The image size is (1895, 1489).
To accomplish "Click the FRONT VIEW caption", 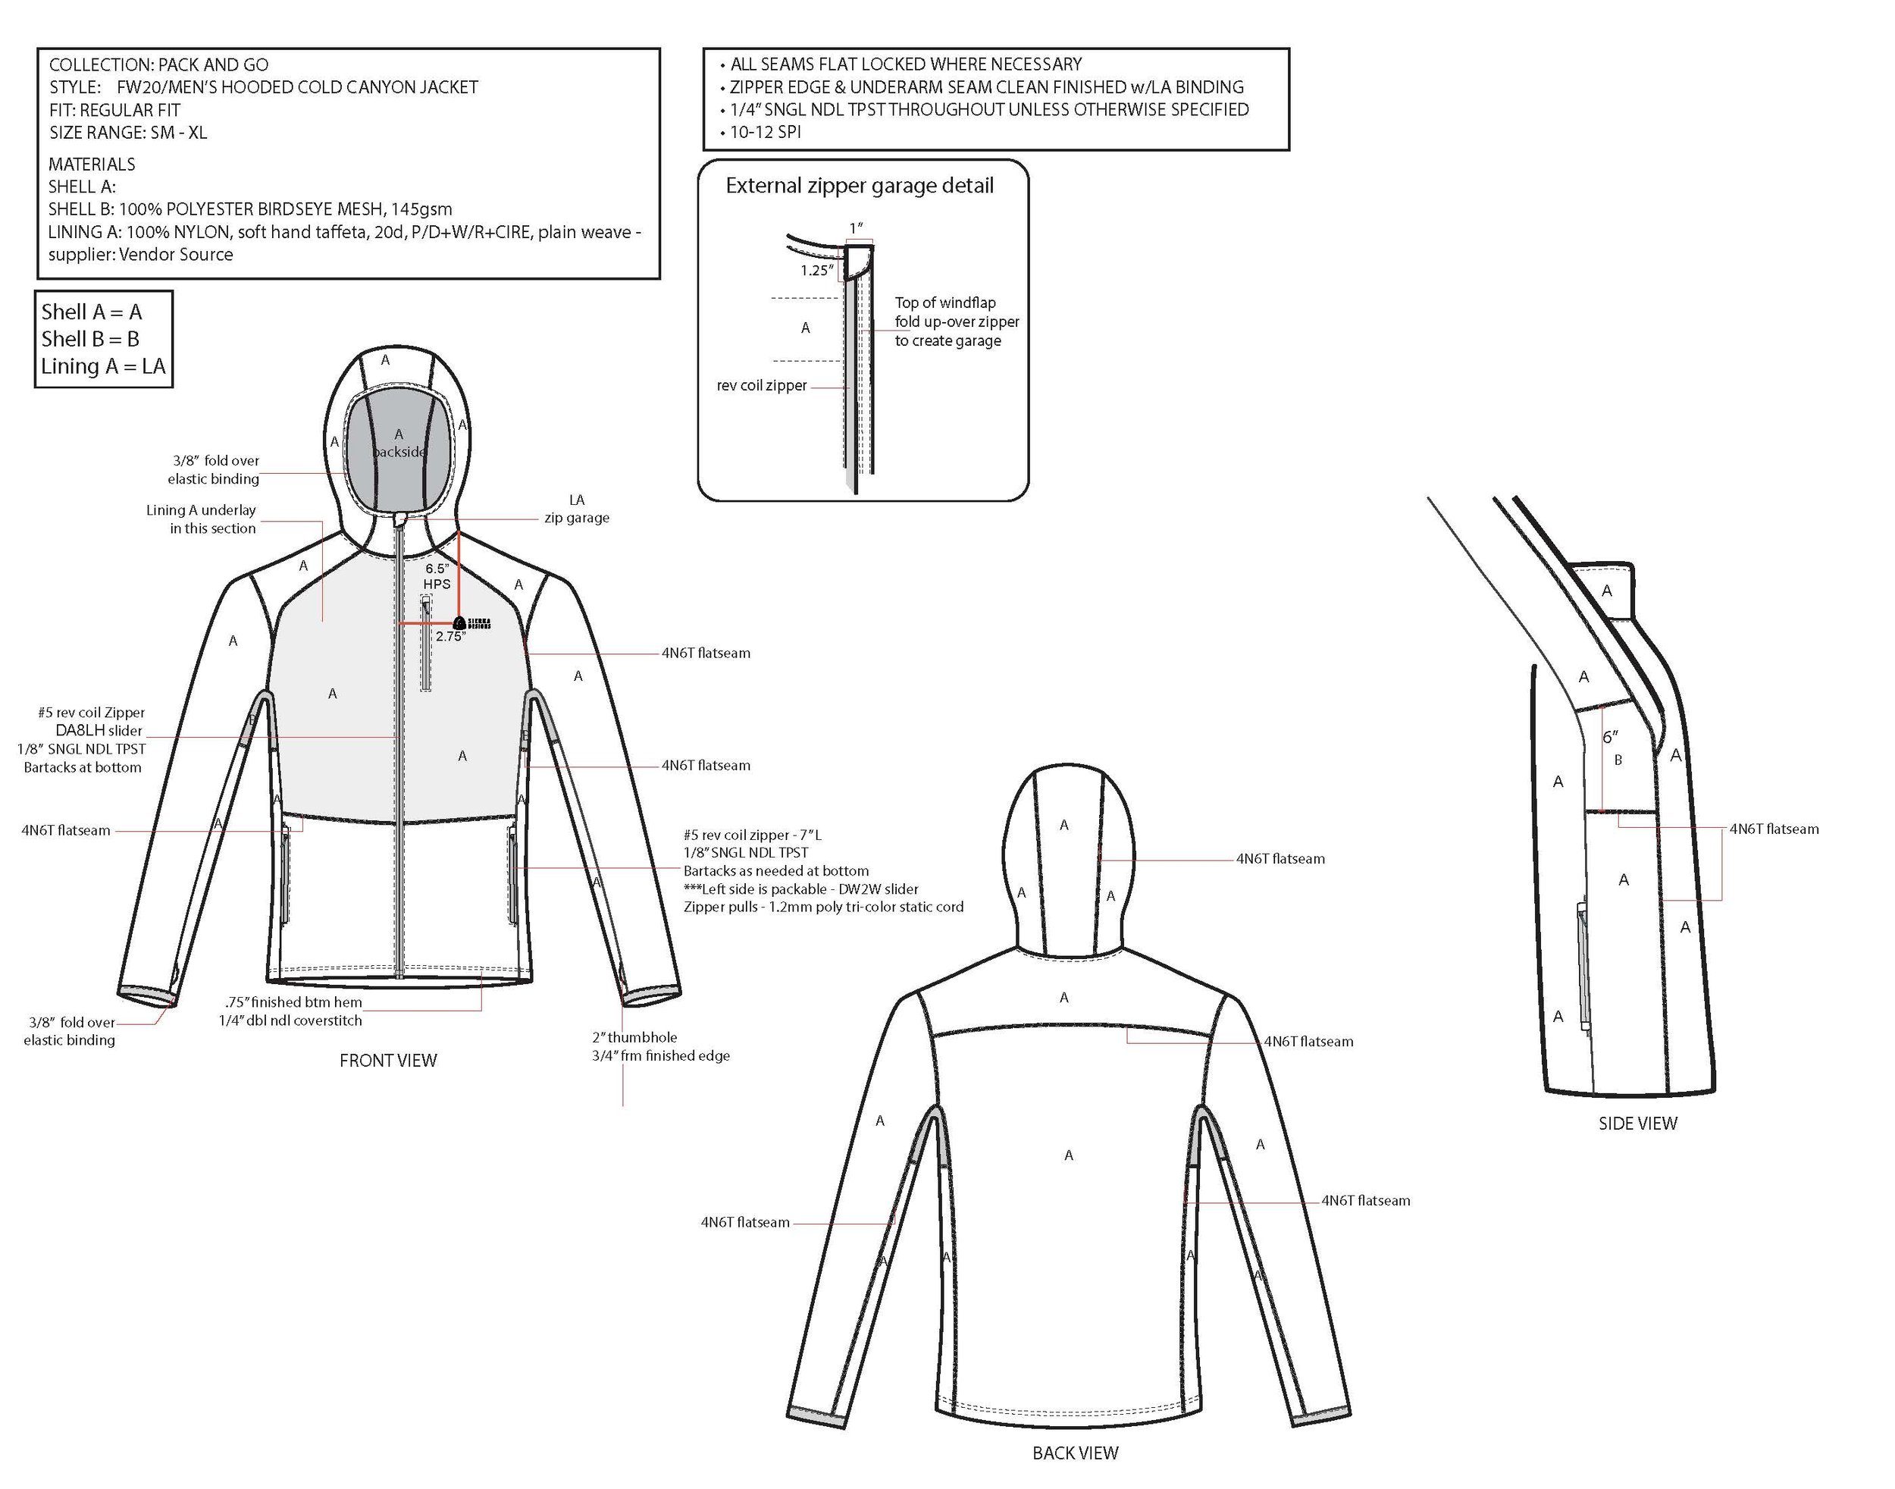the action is point(388,1060).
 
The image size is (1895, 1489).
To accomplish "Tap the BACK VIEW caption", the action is point(1075,1453).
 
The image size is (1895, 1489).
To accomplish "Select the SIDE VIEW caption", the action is point(1637,1123).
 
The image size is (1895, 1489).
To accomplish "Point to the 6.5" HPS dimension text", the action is point(437,575).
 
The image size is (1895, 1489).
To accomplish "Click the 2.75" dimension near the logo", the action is point(451,636).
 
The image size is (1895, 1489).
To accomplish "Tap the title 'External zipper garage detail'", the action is point(860,186).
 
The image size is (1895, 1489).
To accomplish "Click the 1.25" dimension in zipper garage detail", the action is point(817,270).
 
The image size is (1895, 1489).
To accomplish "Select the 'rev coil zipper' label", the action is point(761,385).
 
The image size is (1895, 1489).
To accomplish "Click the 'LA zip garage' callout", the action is point(576,508).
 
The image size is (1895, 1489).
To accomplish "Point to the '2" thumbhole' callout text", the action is point(634,1037).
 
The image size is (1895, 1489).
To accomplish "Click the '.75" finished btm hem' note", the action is point(293,1002).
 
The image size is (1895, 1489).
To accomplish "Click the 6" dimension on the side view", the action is point(1610,737).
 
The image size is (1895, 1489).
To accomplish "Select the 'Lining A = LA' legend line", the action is point(103,366).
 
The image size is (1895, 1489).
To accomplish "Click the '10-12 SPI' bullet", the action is point(765,133).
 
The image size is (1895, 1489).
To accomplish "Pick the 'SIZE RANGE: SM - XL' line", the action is point(128,133).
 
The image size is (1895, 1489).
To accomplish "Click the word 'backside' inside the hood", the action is point(399,452).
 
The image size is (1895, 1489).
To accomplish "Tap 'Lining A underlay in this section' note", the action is point(202,519).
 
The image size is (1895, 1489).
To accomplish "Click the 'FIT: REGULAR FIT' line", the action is point(114,110).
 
